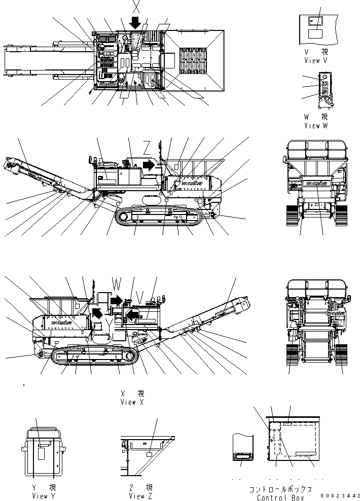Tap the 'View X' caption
(132, 402)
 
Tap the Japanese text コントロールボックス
(280, 489)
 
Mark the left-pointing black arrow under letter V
(132, 316)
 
